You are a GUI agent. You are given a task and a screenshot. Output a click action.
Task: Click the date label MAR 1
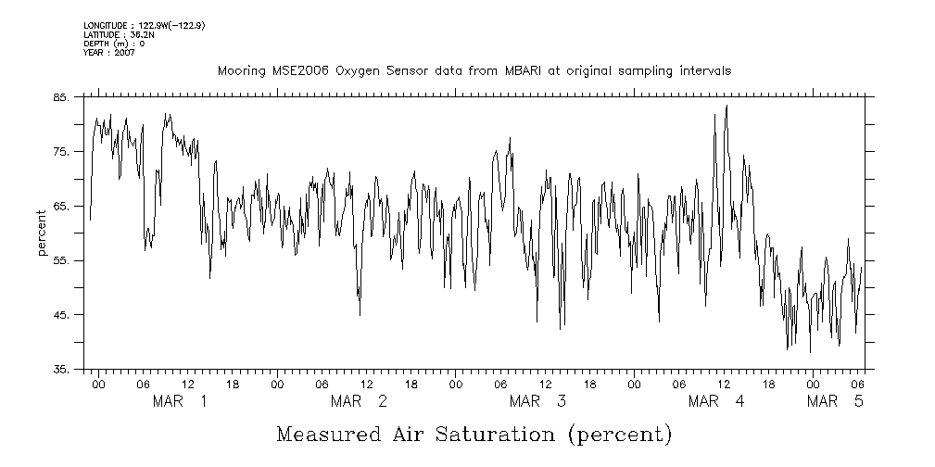(180, 402)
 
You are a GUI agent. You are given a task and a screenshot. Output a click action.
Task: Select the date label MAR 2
(359, 402)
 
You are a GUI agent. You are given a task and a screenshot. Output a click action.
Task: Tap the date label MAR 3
(537, 402)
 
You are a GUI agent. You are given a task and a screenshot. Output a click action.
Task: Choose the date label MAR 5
(835, 402)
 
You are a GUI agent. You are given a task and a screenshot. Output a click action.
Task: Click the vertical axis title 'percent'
(43, 233)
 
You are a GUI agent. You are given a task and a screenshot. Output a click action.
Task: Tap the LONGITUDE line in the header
(144, 26)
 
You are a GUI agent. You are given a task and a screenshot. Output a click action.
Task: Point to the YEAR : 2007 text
(109, 53)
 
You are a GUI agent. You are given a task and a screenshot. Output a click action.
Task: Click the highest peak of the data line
(727, 106)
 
